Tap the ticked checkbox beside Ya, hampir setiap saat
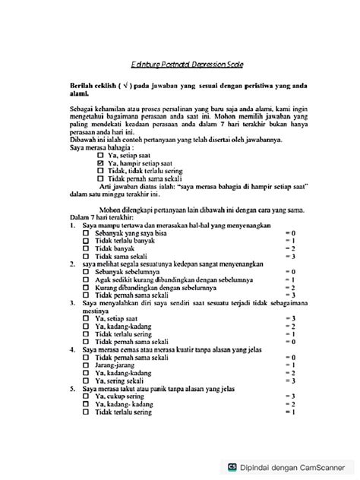point(101,163)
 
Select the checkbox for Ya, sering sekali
point(86,380)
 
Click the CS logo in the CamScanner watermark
point(232,468)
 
